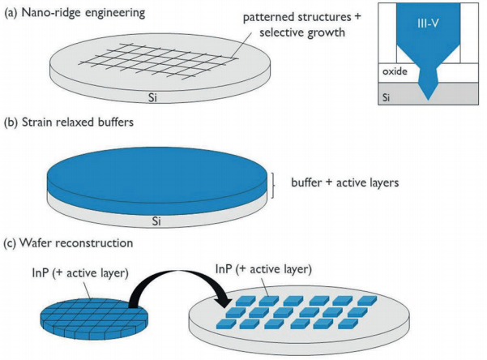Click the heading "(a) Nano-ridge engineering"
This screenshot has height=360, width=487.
click(75, 13)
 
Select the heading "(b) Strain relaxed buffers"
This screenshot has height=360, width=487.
click(69, 122)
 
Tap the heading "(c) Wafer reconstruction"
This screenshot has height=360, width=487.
click(68, 242)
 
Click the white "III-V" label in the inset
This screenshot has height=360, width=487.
click(428, 24)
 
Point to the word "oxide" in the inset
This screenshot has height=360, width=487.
click(395, 71)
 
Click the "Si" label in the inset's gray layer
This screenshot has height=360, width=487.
click(386, 97)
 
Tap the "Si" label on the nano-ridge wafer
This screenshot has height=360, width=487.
click(152, 97)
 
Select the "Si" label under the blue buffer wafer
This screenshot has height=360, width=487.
click(156, 221)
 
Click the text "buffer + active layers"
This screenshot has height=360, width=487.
click(345, 182)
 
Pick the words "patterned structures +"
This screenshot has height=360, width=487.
click(301, 17)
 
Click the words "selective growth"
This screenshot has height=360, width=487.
click(302, 32)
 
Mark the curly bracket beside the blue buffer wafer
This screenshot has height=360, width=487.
click(273, 186)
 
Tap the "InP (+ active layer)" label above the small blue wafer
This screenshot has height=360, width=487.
click(80, 273)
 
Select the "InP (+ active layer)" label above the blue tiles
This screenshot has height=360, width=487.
click(263, 269)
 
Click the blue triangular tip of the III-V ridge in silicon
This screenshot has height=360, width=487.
click(429, 92)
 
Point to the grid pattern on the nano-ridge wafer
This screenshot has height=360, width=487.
click(158, 61)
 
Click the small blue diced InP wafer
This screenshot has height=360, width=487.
click(94, 319)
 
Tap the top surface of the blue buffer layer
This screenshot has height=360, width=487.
click(157, 174)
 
